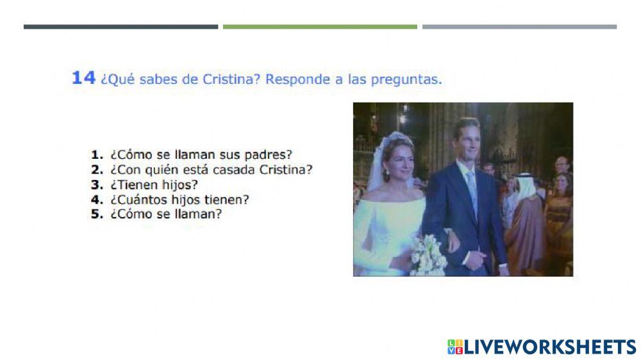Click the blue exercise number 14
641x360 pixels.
83,78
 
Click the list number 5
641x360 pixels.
97,214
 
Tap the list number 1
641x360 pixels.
97,154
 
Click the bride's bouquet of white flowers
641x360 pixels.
429,254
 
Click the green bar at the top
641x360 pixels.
320,27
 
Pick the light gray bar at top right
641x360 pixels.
519,27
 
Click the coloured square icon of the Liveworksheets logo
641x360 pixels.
454,347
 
